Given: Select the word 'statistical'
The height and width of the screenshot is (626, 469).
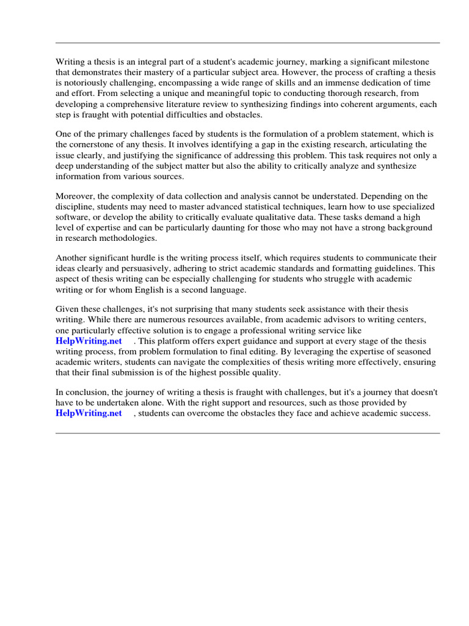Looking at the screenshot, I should tap(261, 207).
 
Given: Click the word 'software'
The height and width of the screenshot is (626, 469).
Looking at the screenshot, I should tap(72, 217).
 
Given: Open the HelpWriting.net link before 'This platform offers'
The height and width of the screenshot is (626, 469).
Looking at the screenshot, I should tap(89, 341).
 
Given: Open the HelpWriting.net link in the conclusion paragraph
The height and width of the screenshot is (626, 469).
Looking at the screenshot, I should tap(89, 413).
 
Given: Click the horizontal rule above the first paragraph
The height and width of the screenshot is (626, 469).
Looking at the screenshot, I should tap(247, 43).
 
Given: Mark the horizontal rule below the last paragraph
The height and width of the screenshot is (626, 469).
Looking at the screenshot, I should tap(247, 433).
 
